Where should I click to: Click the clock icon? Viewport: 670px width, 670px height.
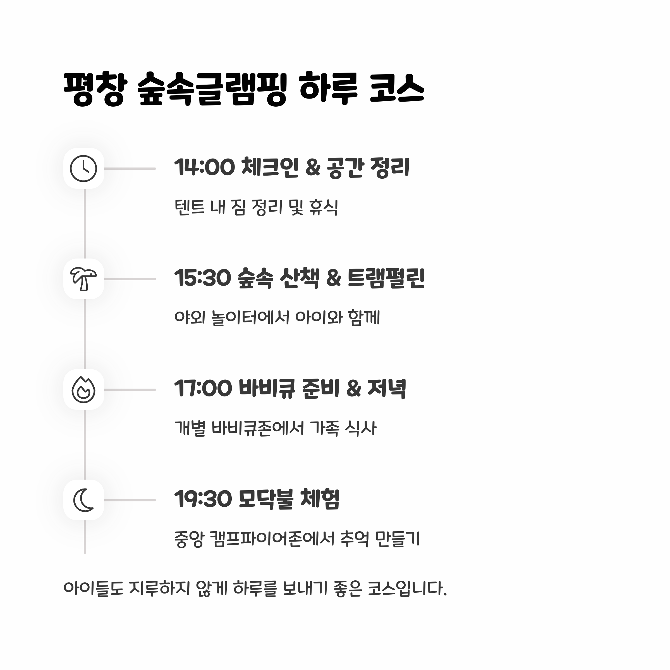83,169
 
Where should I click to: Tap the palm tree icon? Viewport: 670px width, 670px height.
83,279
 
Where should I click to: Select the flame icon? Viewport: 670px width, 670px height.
83,390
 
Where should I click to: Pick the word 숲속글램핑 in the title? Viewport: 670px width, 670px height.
212,89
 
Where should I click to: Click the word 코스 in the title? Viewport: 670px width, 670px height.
397,89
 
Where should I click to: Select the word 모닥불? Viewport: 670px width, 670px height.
266,499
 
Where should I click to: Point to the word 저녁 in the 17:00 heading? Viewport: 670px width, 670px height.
386,388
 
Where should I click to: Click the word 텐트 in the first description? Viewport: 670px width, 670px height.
189,207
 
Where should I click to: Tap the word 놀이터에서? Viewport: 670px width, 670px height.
250,318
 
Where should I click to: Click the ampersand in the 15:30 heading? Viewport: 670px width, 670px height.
334,278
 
